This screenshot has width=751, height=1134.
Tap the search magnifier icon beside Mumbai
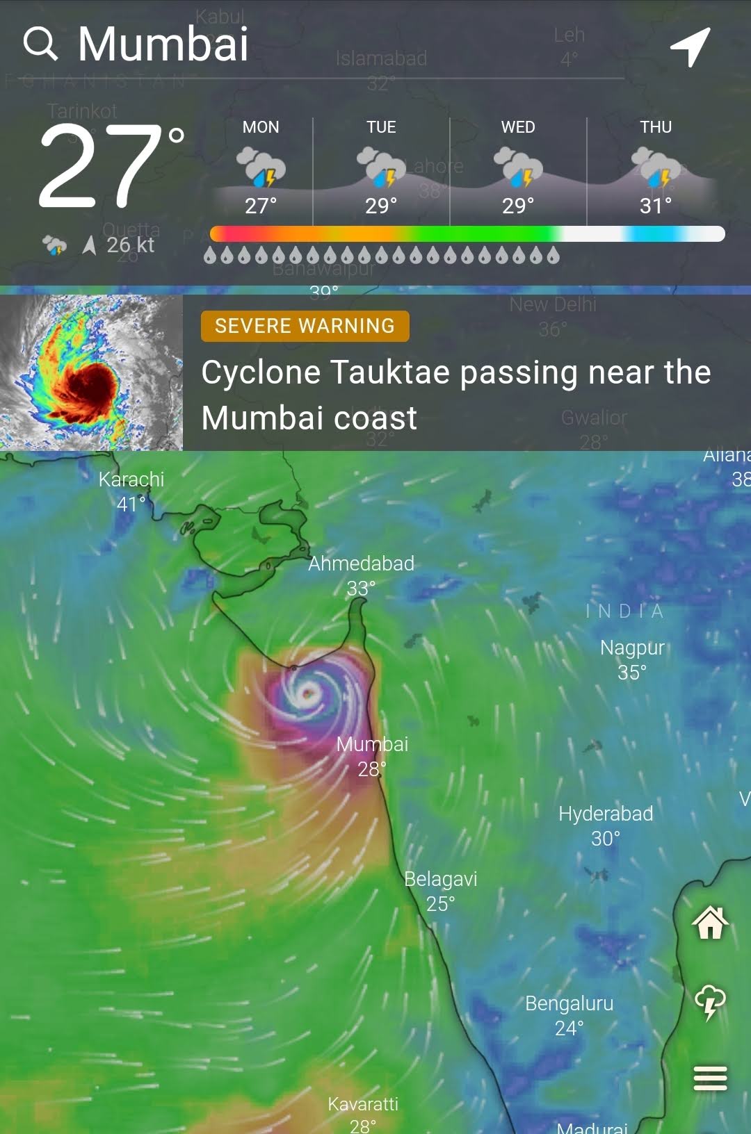[x=40, y=44]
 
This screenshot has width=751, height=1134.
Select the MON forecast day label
[x=261, y=127]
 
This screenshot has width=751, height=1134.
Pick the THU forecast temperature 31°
[x=656, y=206]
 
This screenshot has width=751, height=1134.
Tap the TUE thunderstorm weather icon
[x=381, y=167]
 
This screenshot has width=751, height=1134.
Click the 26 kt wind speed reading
[x=130, y=245]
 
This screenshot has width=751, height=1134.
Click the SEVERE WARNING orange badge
[x=305, y=326]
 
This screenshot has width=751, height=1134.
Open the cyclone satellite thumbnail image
[x=91, y=372]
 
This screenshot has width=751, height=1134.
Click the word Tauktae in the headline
[x=390, y=372]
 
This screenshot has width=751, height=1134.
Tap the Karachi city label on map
[x=131, y=479]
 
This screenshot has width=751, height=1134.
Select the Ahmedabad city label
[x=361, y=564]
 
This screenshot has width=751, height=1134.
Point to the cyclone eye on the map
[x=308, y=692]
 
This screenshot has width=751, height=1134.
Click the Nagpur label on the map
[x=632, y=648]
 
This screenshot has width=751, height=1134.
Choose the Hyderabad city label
[x=606, y=814]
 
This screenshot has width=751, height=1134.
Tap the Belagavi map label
[x=441, y=879]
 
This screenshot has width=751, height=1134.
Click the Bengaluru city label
[x=569, y=1003]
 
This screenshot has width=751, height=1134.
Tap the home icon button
[x=710, y=923]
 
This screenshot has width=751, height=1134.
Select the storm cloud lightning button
[x=710, y=1003]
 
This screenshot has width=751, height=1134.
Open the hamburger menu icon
[x=710, y=1078]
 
